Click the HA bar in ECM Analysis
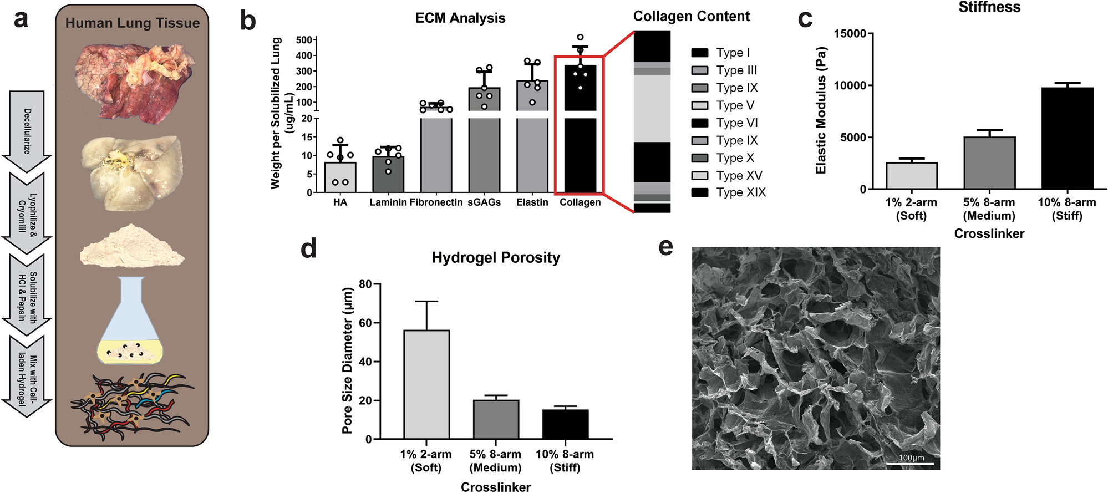340,177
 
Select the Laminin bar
388,174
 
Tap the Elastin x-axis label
532,202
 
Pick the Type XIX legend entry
728,192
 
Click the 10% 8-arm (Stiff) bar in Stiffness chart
1067,139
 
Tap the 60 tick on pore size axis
365,323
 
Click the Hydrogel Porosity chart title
496,258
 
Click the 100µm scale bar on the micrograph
911,462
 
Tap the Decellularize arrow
27,131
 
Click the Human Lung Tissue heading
132,23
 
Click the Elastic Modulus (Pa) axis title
821,111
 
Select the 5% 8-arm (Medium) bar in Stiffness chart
989,163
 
